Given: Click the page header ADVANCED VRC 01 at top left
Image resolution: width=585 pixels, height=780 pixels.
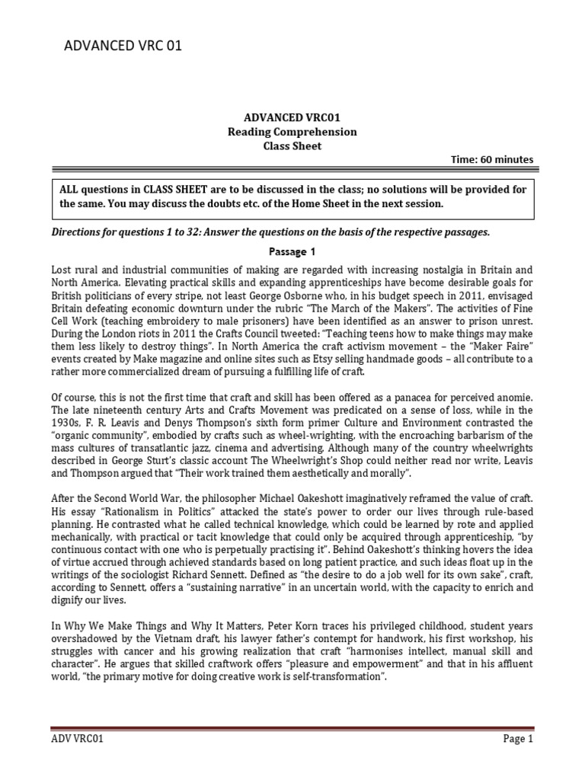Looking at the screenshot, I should pos(123,47).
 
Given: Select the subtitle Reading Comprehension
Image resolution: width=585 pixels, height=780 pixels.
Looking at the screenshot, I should pos(292,132).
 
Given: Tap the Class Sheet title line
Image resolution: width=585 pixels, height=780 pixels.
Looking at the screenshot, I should pos(292,145).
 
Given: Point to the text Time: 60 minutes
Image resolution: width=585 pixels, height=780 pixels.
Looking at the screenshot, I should pos(493,159).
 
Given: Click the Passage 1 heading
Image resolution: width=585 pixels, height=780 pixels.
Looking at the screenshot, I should pos(292,251).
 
